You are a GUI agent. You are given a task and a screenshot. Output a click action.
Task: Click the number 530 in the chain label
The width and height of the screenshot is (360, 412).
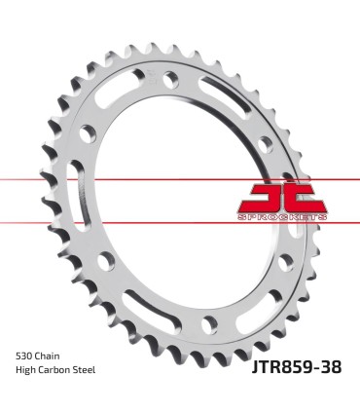click(x=24, y=356)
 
